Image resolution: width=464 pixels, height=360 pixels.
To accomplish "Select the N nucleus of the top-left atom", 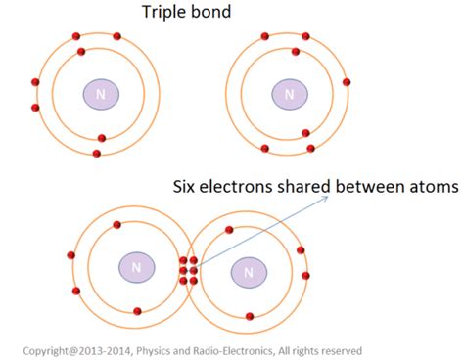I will (x=100, y=94).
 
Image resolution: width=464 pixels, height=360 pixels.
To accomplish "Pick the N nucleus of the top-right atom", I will (x=289, y=94).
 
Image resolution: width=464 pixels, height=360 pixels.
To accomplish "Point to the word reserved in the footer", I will (x=340, y=350).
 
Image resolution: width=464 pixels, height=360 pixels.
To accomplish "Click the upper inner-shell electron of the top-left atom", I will (x=81, y=51).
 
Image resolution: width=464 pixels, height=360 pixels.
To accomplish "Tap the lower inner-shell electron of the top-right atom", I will (x=305, y=133).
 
